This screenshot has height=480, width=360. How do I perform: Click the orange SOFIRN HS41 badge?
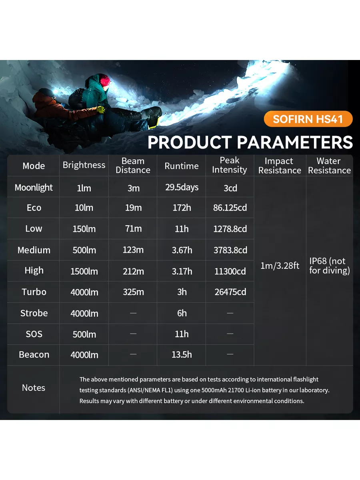(x=308, y=119)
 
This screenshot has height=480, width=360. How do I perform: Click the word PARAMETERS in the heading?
(x=295, y=142)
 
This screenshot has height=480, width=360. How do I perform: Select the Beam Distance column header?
(x=133, y=166)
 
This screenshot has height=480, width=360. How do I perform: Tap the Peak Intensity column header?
(x=230, y=165)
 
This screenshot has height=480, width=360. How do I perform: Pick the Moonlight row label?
(x=34, y=188)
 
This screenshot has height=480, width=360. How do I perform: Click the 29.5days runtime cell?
(x=182, y=188)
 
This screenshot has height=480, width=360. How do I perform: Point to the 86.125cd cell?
(x=230, y=208)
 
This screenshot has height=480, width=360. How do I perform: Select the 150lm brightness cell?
(x=84, y=229)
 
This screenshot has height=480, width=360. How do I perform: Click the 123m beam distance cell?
(x=133, y=250)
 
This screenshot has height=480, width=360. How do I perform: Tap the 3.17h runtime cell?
(x=182, y=271)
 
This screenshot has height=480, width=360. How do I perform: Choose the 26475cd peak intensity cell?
(x=230, y=292)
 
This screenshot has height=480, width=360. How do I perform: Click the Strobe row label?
(x=34, y=313)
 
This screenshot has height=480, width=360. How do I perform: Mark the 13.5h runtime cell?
(x=182, y=355)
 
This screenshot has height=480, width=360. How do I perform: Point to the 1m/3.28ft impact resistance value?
(x=280, y=266)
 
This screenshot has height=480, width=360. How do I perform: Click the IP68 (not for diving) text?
(x=329, y=266)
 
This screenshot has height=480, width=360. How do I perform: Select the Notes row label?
(x=34, y=388)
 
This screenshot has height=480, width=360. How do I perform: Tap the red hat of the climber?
(x=105, y=80)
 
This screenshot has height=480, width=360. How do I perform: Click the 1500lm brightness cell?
(x=84, y=271)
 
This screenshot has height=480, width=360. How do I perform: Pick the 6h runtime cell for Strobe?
(x=182, y=313)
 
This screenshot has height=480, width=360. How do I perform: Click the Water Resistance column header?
(x=329, y=166)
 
